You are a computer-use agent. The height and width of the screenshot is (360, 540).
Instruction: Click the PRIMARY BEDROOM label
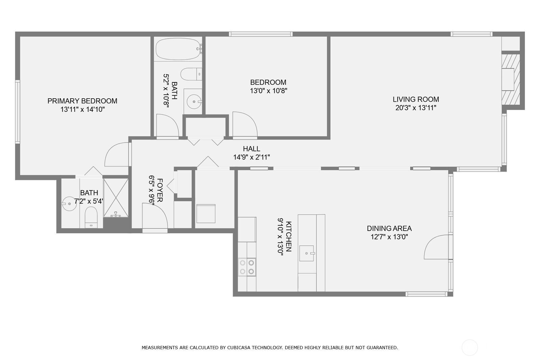[82, 101]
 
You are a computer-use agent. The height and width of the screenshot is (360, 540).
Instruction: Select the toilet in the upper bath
[190, 74]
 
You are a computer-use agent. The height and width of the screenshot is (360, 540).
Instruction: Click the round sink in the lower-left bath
[69, 204]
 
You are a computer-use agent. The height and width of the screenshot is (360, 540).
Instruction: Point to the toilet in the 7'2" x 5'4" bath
[91, 217]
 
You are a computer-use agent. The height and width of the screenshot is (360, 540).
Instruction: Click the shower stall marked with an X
[116, 198]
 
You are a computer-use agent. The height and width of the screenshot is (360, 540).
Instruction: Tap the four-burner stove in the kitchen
[247, 267]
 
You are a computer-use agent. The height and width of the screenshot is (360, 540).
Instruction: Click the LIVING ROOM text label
[416, 99]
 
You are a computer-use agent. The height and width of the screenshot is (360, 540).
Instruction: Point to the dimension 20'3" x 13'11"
[416, 108]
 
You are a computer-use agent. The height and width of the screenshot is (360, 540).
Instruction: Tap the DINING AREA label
[389, 229]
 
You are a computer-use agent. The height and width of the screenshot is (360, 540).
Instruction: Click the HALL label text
[251, 149]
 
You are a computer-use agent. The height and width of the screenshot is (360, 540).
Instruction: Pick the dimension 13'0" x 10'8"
[268, 91]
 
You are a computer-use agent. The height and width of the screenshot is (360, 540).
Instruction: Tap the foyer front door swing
[155, 216]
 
